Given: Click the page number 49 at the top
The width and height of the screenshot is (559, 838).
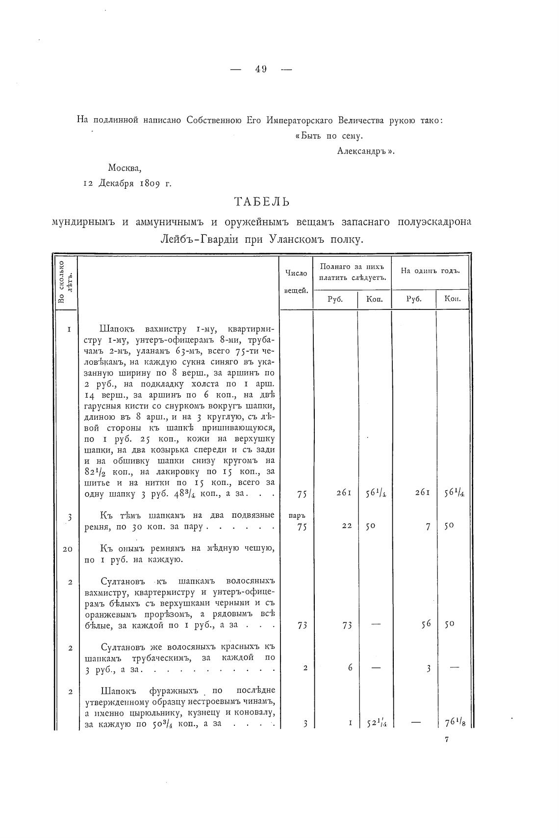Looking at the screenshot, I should pos(260,70).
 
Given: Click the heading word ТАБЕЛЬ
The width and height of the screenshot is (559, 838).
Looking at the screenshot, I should pos(262,202).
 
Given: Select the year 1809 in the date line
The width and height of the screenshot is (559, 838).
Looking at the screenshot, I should pos(149,184).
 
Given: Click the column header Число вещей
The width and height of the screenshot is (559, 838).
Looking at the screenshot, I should pos(296,281).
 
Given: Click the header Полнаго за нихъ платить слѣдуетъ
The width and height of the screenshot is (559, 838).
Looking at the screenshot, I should pos(352,272).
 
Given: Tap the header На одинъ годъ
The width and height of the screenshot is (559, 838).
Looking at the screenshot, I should pos(430,272).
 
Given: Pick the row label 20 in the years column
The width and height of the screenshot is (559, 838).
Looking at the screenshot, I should pos(68,549).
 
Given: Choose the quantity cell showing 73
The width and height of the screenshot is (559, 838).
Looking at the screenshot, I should pos(302,625).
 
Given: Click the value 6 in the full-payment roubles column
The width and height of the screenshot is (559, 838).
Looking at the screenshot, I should pos(350,667).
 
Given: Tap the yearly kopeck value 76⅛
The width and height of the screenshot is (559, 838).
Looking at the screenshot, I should pos(453,722).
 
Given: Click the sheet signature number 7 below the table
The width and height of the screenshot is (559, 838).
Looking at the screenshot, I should pos(447,740).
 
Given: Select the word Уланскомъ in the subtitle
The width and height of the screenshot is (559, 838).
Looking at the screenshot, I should pos(298,240).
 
